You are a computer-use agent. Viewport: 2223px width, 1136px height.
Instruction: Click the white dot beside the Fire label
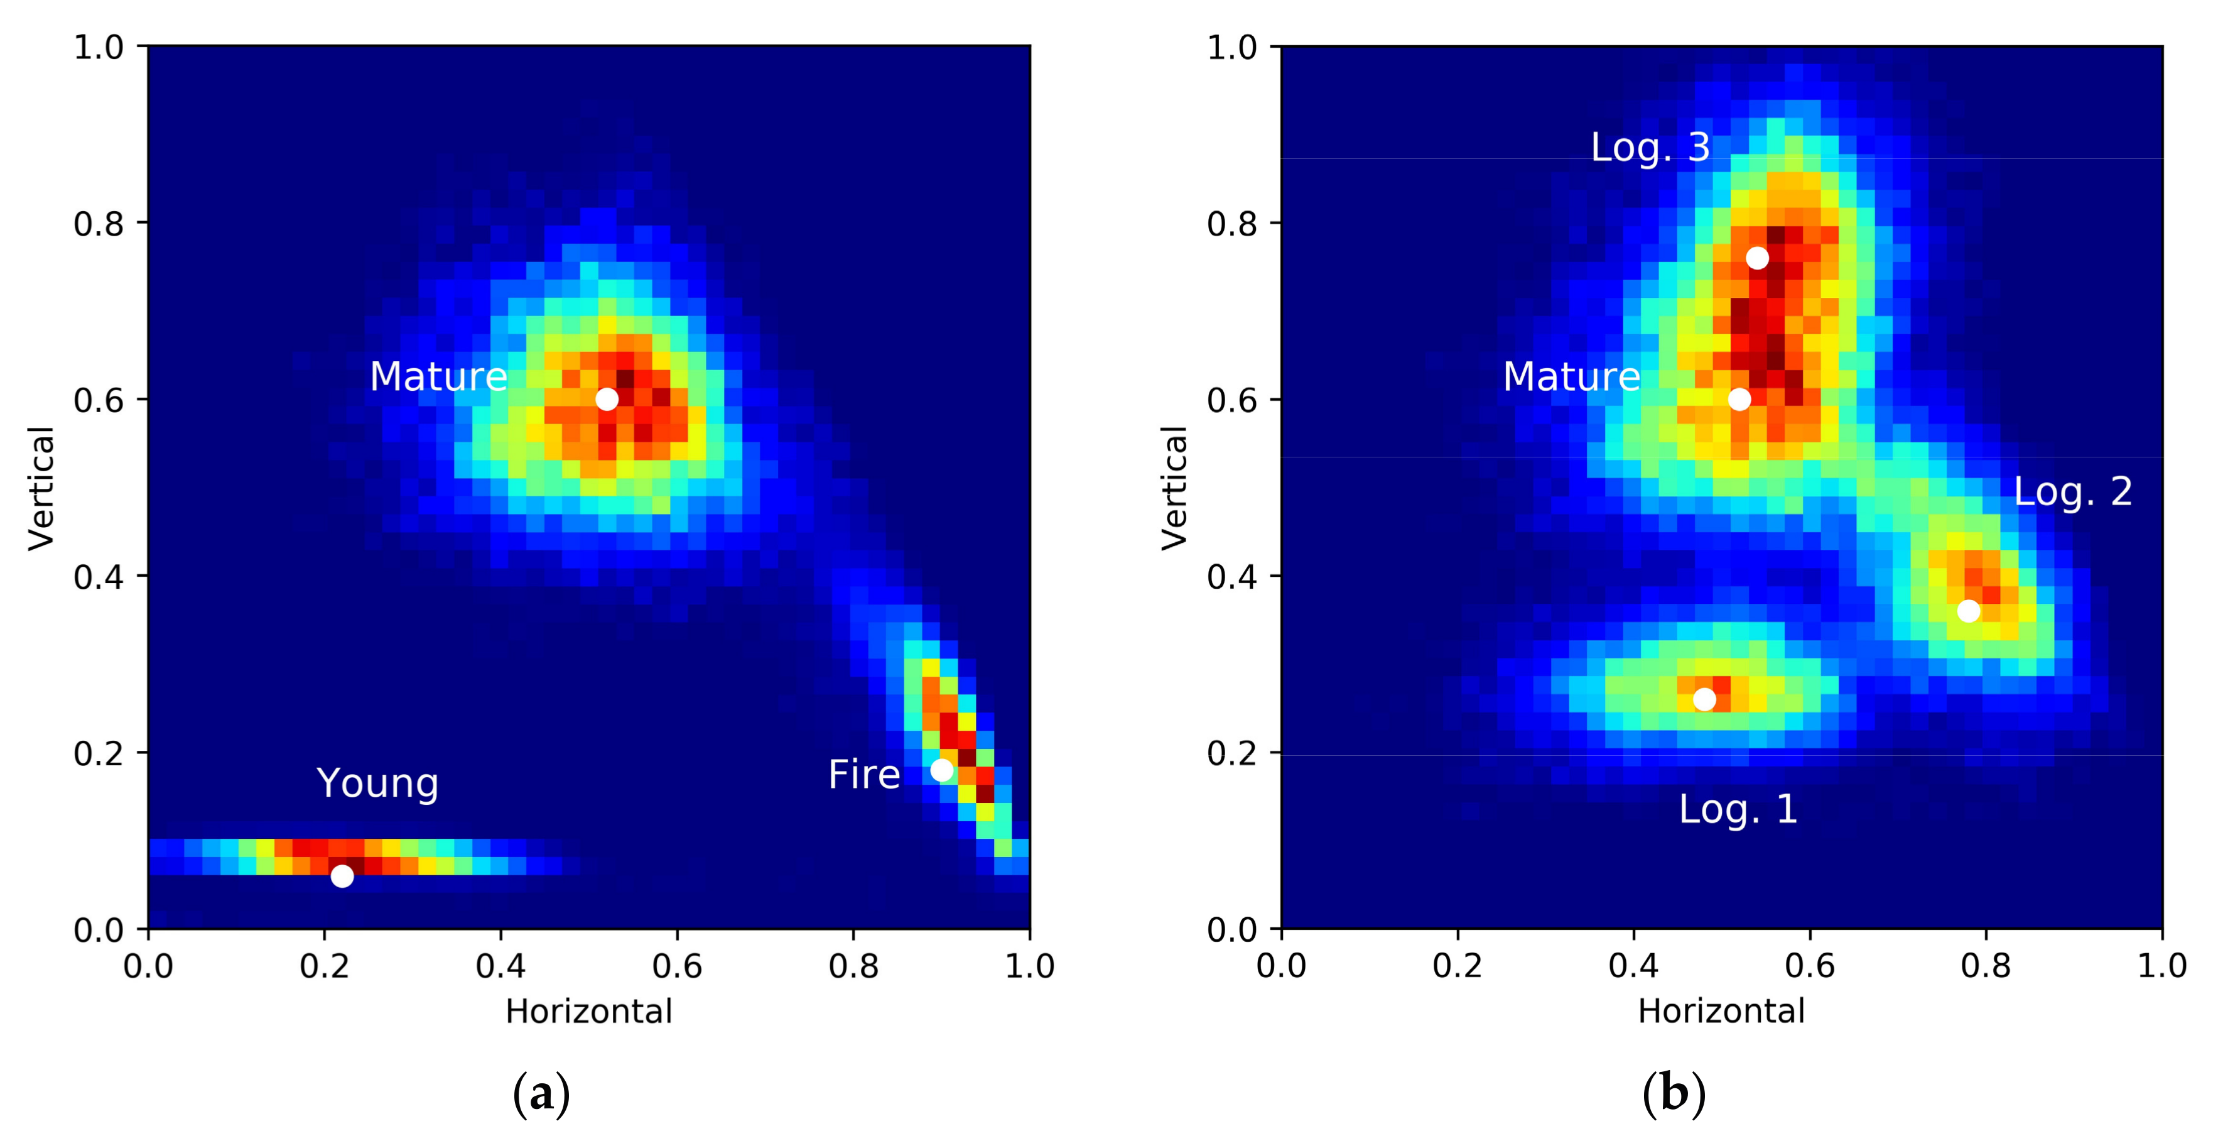click(x=941, y=770)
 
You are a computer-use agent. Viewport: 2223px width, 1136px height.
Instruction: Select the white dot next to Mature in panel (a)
click(x=607, y=399)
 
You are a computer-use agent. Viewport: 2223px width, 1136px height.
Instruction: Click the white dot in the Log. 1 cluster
click(x=1704, y=699)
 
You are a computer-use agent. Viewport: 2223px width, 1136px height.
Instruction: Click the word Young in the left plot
click(x=378, y=784)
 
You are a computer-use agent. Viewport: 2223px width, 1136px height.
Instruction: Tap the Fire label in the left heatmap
click(x=864, y=774)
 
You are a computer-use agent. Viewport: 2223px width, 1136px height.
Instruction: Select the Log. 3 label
click(x=1650, y=148)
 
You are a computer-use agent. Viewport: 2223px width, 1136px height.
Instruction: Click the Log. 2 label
click(x=2073, y=492)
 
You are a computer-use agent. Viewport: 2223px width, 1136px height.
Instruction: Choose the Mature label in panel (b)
click(x=1571, y=377)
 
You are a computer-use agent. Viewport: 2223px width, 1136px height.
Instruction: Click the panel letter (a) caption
click(x=541, y=1095)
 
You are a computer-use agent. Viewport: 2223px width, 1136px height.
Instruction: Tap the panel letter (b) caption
click(x=1674, y=1095)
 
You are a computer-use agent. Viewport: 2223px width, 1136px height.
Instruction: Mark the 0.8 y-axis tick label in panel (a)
click(x=99, y=224)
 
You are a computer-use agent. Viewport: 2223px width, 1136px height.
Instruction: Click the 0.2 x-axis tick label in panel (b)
click(x=1458, y=966)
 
